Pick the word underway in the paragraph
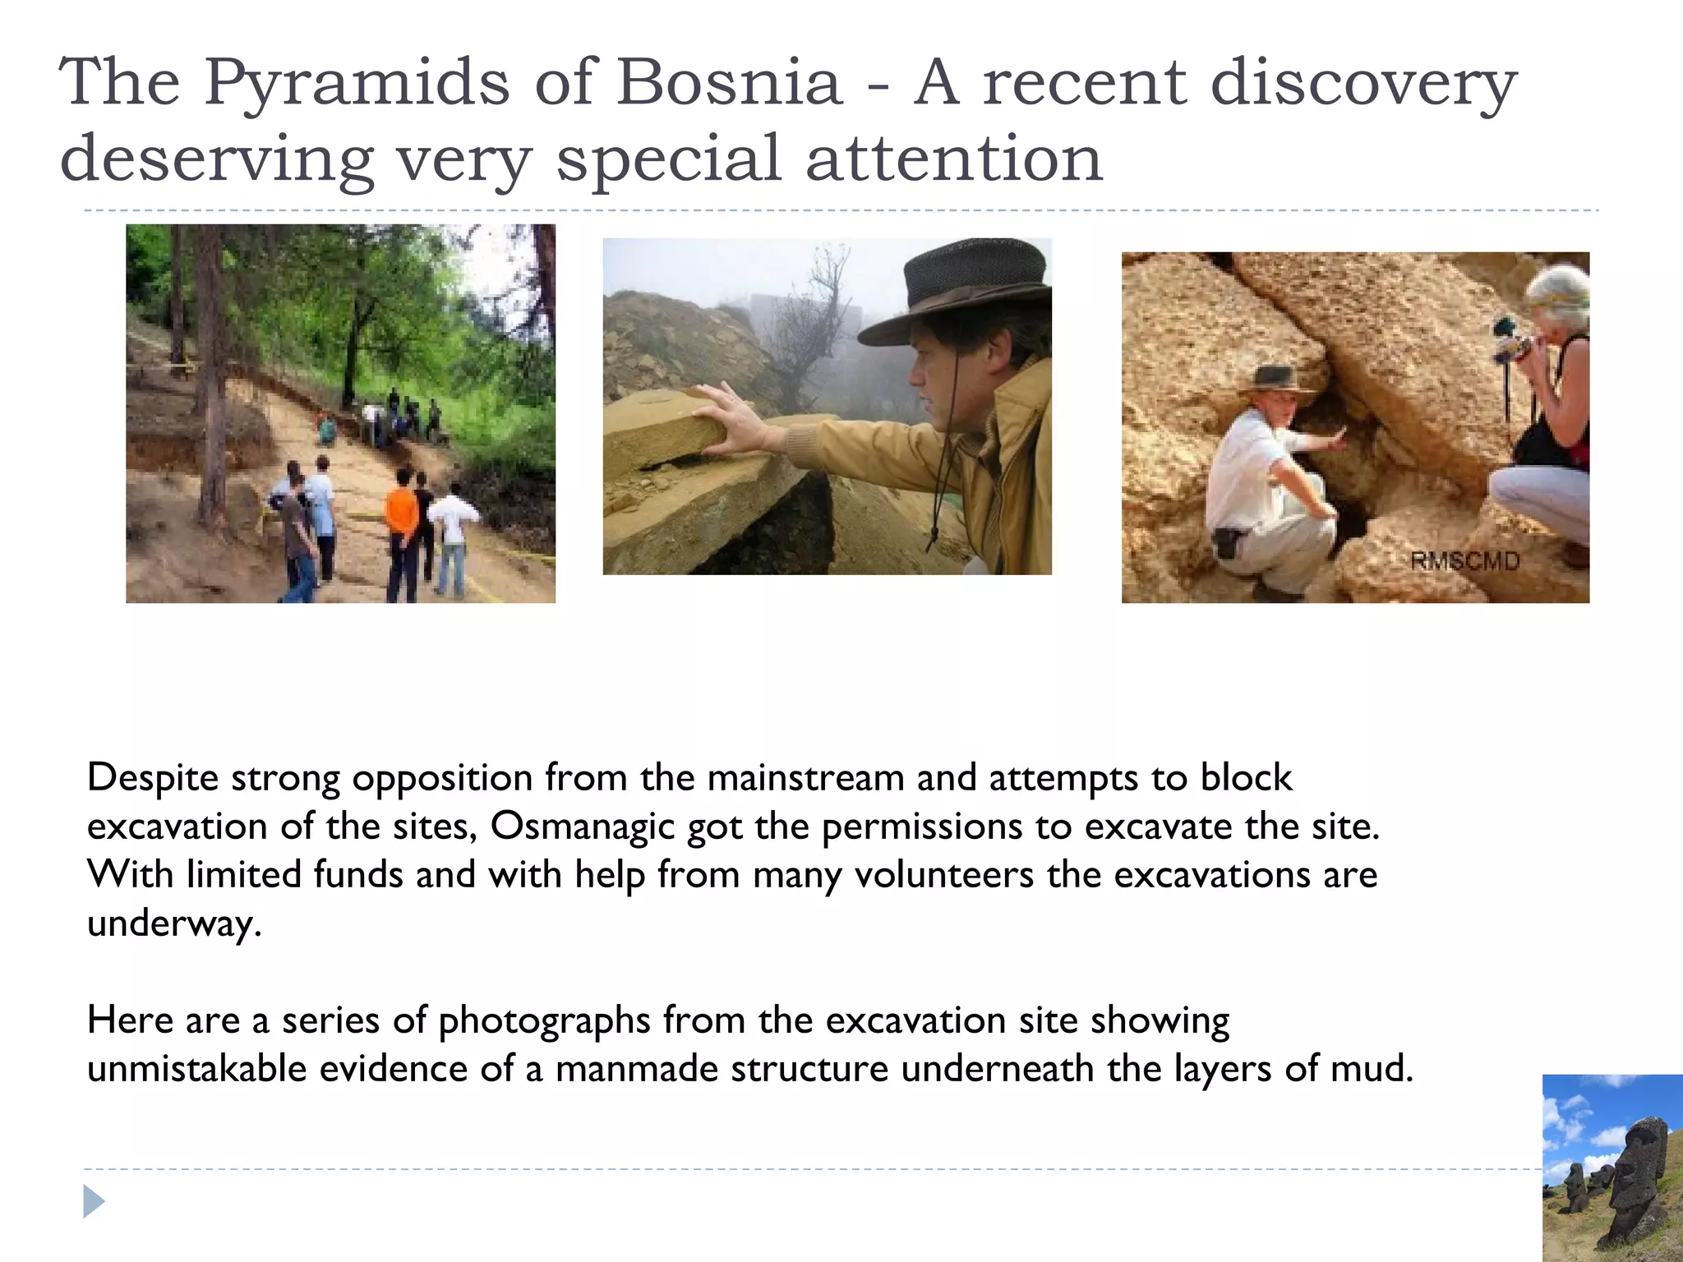[x=173, y=923]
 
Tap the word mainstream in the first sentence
[x=805, y=778]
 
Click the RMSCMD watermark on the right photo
[x=1464, y=561]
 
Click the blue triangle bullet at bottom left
[x=94, y=1201]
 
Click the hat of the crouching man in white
[x=1275, y=379]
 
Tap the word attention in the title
[x=953, y=159]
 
